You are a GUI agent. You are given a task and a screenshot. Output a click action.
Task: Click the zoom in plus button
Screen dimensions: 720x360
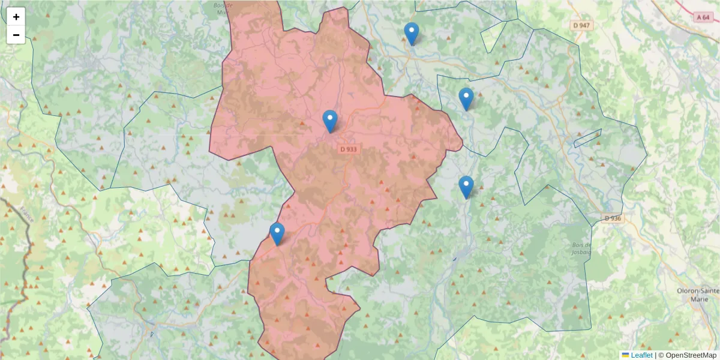16,17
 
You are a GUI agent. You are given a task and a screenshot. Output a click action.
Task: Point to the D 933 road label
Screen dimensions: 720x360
349,149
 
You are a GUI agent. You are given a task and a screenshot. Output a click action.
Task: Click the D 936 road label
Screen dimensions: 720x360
612,218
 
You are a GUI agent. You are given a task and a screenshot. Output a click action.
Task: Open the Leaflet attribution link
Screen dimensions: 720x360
641,355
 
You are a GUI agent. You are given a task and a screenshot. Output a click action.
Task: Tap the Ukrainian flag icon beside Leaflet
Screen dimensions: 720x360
625,355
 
